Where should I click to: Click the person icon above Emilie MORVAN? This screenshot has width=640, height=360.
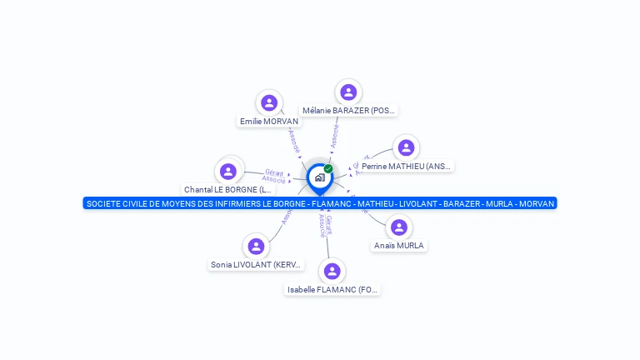(268, 102)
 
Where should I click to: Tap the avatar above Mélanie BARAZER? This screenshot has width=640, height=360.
(348, 92)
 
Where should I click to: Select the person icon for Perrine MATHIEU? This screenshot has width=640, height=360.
(406, 147)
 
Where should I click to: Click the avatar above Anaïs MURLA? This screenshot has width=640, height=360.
(399, 227)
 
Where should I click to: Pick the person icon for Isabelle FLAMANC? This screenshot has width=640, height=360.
(332, 271)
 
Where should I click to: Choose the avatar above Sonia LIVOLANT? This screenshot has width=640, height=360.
(256, 246)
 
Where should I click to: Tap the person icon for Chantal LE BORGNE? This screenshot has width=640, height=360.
(228, 171)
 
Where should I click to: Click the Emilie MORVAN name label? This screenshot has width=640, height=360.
(268, 122)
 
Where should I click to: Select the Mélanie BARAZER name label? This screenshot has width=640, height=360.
(348, 111)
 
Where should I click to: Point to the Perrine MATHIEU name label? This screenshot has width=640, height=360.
(407, 167)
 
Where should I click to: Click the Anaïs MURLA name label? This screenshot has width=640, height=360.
(399, 246)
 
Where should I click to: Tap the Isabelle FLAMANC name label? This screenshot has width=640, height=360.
(332, 290)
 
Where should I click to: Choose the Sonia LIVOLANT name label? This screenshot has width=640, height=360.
(257, 265)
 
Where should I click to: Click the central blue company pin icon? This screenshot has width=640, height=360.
(318, 177)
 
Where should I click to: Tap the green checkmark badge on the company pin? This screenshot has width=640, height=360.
(328, 169)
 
